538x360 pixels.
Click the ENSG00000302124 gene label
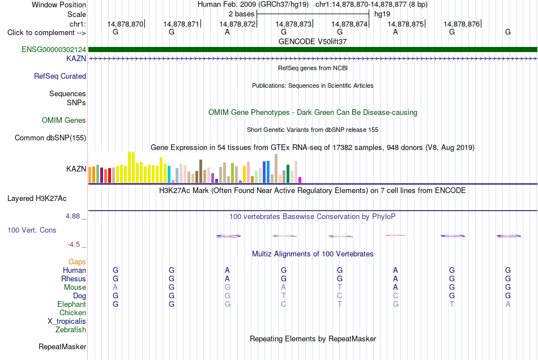(x=54, y=50)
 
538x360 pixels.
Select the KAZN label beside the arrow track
(x=76, y=59)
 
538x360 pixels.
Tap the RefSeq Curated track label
(x=60, y=76)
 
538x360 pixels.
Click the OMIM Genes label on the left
(x=64, y=121)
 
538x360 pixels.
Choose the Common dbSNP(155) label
(x=50, y=138)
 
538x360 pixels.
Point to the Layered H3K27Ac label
(x=37, y=199)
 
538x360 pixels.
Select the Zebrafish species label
(x=71, y=330)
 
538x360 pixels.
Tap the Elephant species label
(x=72, y=305)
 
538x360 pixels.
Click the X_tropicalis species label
(x=67, y=322)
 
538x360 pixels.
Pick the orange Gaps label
(x=77, y=262)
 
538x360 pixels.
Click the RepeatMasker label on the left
(x=62, y=347)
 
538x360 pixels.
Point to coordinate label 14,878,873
(x=293, y=24)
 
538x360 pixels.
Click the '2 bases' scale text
(x=242, y=14)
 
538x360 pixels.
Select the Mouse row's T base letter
(x=340, y=288)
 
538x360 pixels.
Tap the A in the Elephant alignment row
(x=508, y=305)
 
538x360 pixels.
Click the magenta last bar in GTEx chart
(x=300, y=180)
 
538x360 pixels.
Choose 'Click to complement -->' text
(x=46, y=33)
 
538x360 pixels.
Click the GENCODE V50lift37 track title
(x=313, y=41)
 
